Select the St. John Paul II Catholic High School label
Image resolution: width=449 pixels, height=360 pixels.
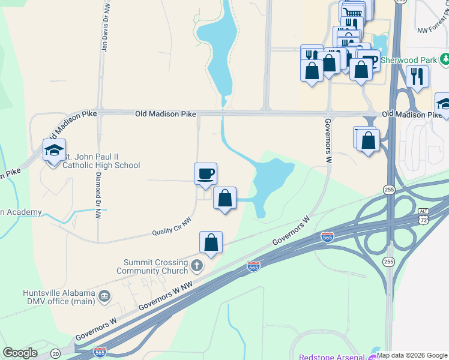point(101,161)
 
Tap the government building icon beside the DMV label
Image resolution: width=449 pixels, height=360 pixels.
point(104,295)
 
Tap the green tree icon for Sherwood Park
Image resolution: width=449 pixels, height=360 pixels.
point(445,59)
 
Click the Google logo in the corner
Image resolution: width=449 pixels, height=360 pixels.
point(20,353)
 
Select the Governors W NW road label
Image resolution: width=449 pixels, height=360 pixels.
point(166,296)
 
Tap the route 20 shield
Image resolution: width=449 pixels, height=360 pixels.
point(55,353)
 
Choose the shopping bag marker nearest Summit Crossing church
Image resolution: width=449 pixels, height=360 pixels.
point(211,243)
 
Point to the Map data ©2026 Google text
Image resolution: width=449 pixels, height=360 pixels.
point(412,355)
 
